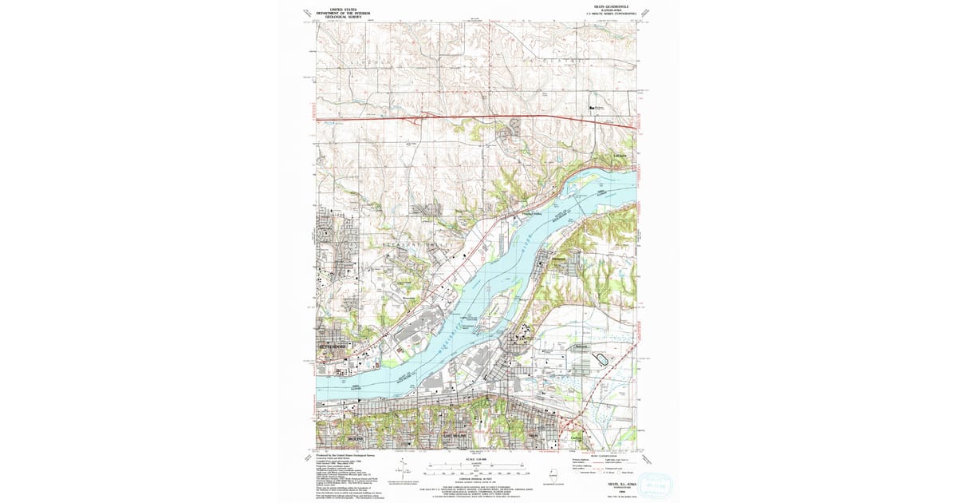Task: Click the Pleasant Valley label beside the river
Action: click(532, 213)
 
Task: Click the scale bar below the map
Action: click(477, 465)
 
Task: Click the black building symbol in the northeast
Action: click(592, 107)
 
